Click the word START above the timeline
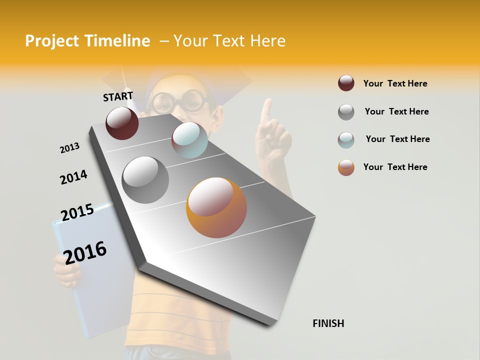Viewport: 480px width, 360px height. [118, 96]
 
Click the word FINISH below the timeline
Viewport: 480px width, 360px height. [328, 323]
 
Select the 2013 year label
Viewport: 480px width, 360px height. [69, 148]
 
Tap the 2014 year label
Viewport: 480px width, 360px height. [73, 177]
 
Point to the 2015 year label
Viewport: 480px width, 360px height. [77, 212]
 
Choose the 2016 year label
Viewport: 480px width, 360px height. [85, 252]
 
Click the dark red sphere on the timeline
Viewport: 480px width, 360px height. [122, 123]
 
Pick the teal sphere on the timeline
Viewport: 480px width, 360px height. [189, 140]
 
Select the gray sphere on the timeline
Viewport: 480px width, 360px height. [145, 180]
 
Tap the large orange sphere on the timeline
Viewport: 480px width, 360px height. [216, 207]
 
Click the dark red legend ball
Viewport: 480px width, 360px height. [346, 83]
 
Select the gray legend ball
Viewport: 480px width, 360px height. [346, 112]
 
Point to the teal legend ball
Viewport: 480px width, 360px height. [346, 139]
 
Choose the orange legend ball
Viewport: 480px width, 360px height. [346, 167]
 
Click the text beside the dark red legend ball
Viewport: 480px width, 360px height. [395, 83]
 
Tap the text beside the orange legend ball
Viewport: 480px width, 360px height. [395, 167]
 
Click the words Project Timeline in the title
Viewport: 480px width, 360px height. [87, 41]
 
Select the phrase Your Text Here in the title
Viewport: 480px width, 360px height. [229, 41]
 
